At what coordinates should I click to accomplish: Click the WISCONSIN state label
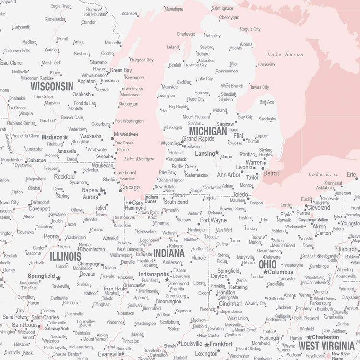click(x=52, y=86)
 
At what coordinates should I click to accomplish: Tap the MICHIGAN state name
click(x=208, y=131)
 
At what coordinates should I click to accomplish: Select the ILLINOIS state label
click(x=66, y=257)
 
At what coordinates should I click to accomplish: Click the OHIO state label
click(x=267, y=264)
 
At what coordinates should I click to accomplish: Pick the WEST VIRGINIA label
click(x=326, y=346)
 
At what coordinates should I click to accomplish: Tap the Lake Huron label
click(x=285, y=55)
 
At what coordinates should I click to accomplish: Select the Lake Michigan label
click(x=139, y=159)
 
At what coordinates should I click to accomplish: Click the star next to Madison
click(x=66, y=137)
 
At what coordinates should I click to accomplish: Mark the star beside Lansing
click(x=217, y=153)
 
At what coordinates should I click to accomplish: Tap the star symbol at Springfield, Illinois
click(x=58, y=278)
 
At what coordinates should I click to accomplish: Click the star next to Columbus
click(x=265, y=272)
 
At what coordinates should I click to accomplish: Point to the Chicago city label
click(x=130, y=187)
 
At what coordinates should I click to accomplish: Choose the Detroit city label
click(x=271, y=173)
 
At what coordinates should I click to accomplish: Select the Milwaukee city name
click(x=126, y=134)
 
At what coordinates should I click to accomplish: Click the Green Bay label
click(x=120, y=70)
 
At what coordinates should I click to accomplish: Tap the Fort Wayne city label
click(x=213, y=220)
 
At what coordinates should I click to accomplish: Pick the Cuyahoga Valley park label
click(x=313, y=220)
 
